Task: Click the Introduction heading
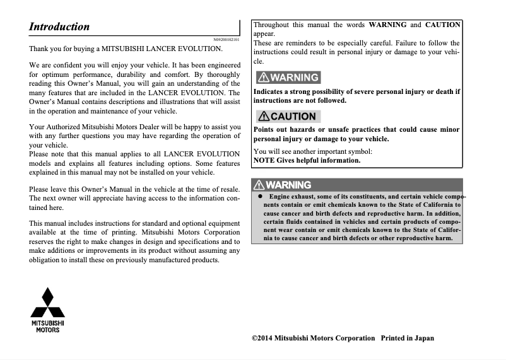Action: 59,26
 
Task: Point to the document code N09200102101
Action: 227,39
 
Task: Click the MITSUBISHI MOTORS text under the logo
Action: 48,326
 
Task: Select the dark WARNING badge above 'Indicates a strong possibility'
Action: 287,78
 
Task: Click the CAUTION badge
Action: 287,116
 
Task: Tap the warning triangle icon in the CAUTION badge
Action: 264,116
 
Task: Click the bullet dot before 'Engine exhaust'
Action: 259,197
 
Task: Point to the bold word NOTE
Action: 263,160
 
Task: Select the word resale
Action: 227,189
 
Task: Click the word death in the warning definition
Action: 442,91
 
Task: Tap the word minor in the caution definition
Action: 449,130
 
